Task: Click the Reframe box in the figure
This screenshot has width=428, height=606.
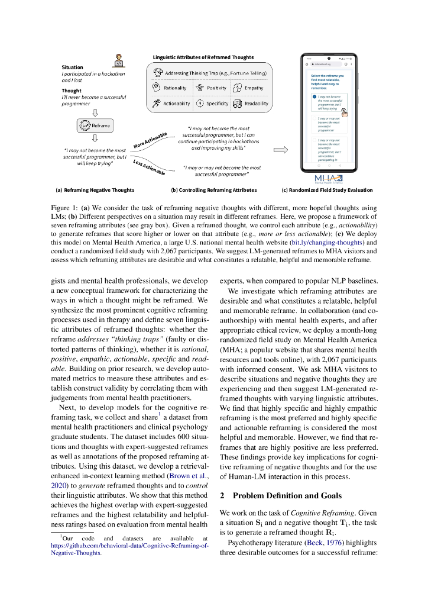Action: tap(95, 125)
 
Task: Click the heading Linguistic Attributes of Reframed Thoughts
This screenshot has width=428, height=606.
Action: tap(203, 57)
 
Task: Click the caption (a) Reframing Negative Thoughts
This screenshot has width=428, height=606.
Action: tap(95, 190)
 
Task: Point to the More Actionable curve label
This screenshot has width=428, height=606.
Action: tap(151, 140)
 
